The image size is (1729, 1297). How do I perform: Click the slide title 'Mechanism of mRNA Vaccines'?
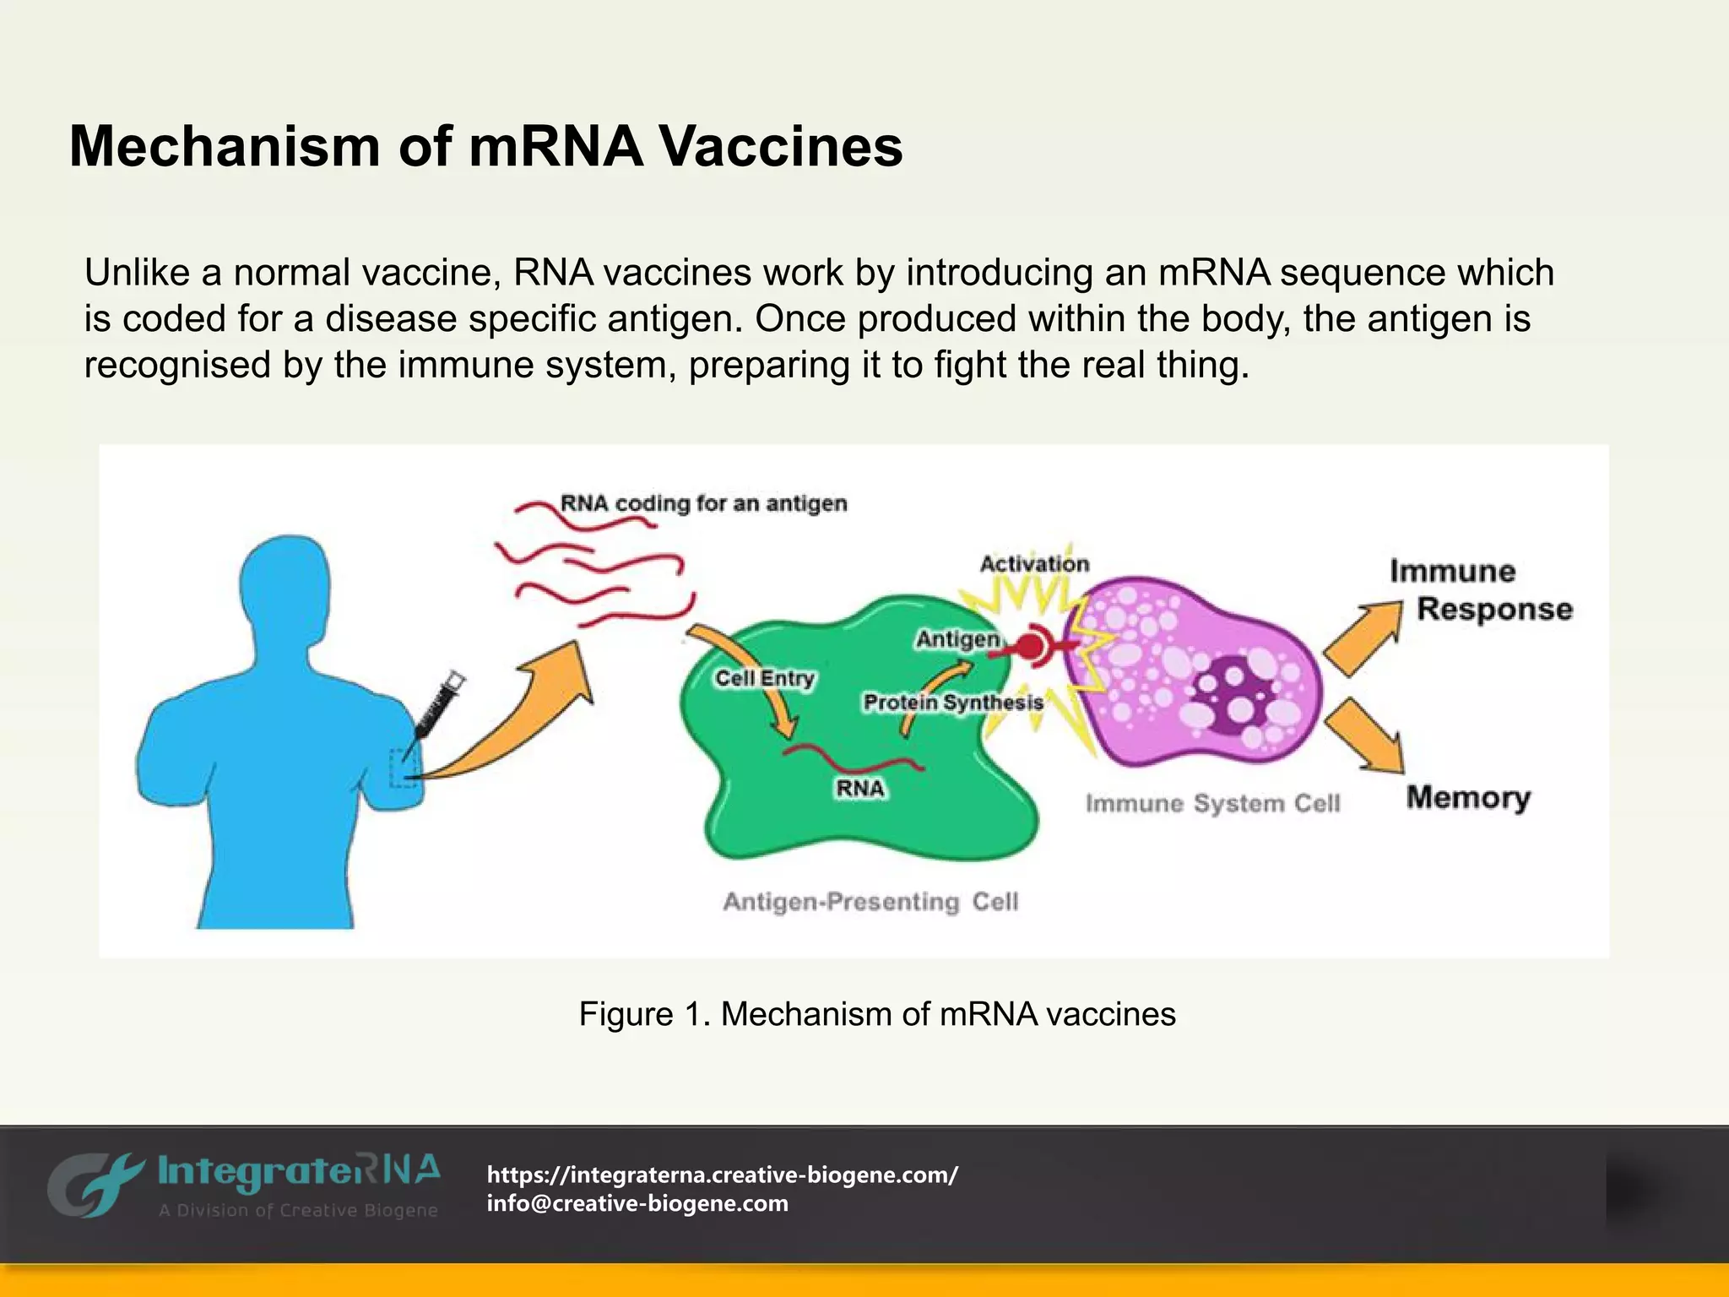coord(485,147)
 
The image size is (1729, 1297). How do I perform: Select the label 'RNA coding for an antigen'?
coord(703,503)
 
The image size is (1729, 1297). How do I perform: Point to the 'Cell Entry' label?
coord(765,678)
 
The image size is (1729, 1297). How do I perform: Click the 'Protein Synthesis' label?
coord(953,703)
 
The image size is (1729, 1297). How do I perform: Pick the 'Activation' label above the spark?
coord(1034,564)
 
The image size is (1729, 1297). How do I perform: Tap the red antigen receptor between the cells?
coord(1032,648)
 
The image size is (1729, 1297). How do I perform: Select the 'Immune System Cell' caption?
coord(1212,803)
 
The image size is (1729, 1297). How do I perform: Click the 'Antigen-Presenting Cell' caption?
coord(870,902)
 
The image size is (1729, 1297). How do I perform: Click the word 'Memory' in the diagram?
coord(1468,797)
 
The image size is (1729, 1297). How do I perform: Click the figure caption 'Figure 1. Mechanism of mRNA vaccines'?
coord(877,1014)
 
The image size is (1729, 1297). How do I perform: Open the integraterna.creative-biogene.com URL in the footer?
coord(723,1175)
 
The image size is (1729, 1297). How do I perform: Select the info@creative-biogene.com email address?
coord(637,1203)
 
